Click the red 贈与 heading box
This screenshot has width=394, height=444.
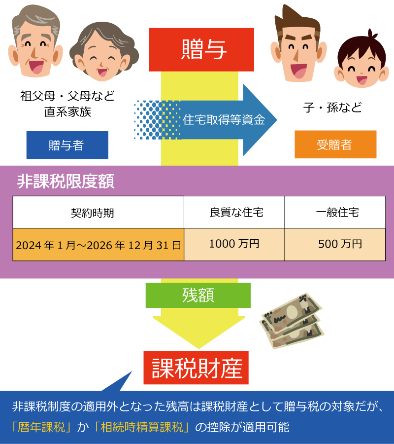(201, 49)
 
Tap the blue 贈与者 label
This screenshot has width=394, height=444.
(67, 145)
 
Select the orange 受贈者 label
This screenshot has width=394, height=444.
(335, 145)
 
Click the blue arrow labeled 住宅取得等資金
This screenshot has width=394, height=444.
(224, 120)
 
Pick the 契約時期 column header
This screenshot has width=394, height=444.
(98, 213)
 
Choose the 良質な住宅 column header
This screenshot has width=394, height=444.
(234, 213)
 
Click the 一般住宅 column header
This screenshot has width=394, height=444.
(335, 213)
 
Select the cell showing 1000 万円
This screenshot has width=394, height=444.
(234, 244)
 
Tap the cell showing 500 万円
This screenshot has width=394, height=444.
(335, 244)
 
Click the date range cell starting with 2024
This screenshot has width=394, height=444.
(98, 245)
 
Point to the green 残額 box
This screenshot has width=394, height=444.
(198, 296)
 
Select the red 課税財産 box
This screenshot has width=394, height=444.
(197, 368)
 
